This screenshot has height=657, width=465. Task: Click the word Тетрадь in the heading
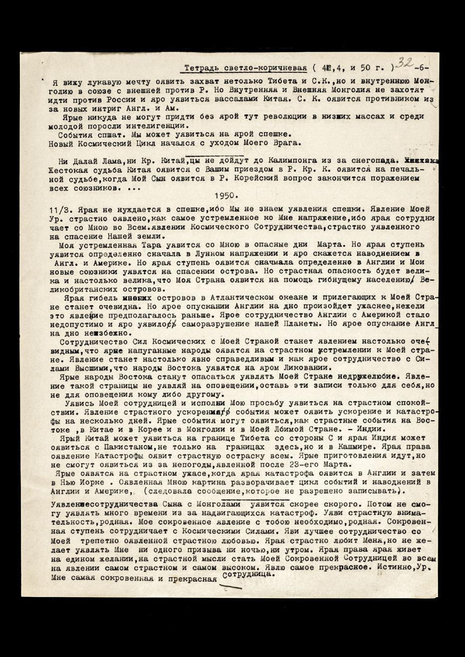click(x=201, y=69)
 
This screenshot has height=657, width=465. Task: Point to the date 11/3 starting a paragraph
click(x=59, y=210)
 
